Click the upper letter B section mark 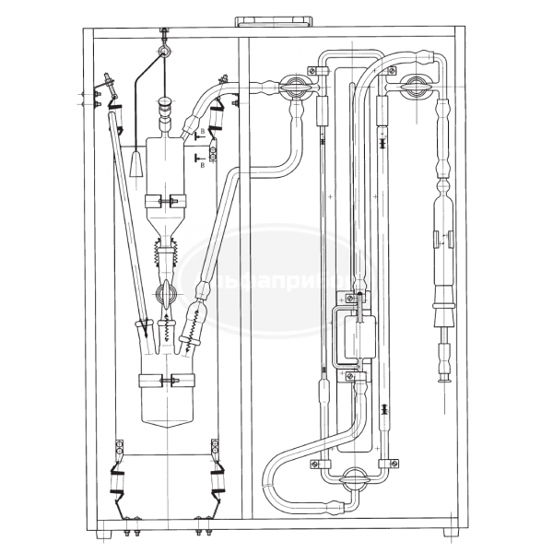[x=202, y=133]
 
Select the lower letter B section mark [x=202, y=165]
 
